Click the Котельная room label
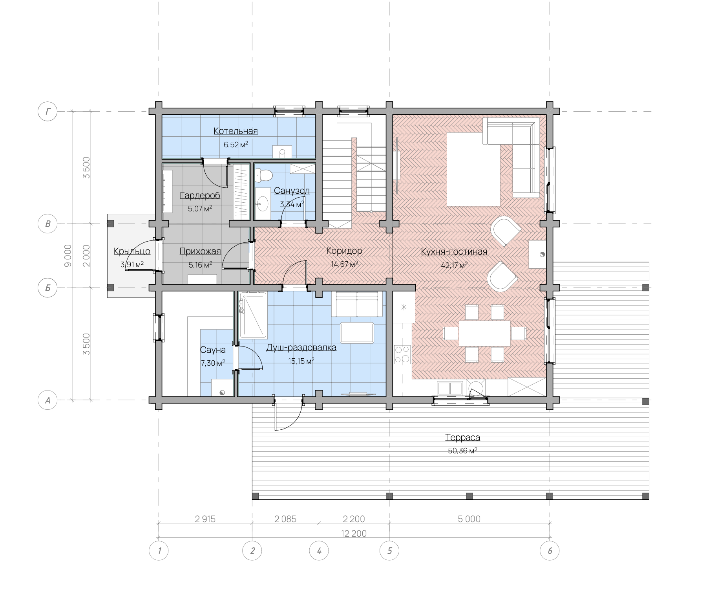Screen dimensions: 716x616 tap(236, 131)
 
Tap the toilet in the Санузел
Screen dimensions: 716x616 tap(264, 175)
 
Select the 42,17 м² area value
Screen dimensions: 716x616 tap(454, 265)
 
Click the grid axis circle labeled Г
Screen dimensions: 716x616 tap(47, 111)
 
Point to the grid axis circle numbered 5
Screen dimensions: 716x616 tap(389, 550)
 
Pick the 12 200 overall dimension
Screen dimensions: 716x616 tap(354, 533)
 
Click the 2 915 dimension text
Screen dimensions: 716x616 tap(205, 519)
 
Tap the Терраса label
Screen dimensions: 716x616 tap(462, 437)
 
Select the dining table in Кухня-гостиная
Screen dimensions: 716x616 tap(485, 333)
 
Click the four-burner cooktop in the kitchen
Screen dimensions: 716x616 tap(402, 354)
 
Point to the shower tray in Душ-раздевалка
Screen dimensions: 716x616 tap(253, 315)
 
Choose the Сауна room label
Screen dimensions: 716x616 tap(213, 350)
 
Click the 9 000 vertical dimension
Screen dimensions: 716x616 tap(68, 256)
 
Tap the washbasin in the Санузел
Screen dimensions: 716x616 tap(262, 203)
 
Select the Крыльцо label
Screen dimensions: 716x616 tap(132, 251)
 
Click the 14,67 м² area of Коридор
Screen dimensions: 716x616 tap(344, 264)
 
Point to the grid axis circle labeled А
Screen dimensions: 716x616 tap(47, 400)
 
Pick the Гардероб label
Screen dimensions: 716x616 tap(200, 195)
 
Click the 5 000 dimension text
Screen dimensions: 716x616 tap(469, 519)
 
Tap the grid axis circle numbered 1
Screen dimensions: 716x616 tap(159, 550)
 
